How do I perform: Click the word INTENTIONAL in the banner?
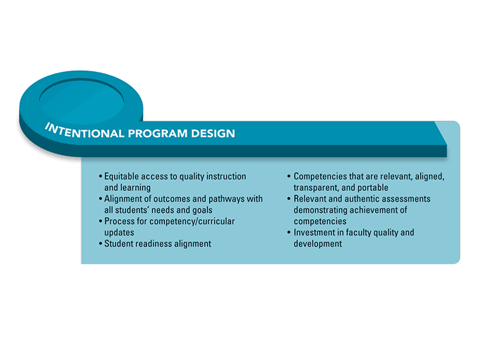click(x=85, y=131)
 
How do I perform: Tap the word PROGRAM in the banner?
click(x=157, y=133)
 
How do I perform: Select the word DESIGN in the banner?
click(x=213, y=133)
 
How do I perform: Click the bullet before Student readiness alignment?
click(x=100, y=244)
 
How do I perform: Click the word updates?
click(x=119, y=233)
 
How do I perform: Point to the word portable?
click(x=373, y=188)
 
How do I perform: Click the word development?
click(x=318, y=244)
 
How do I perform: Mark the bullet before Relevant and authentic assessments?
click(x=289, y=199)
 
